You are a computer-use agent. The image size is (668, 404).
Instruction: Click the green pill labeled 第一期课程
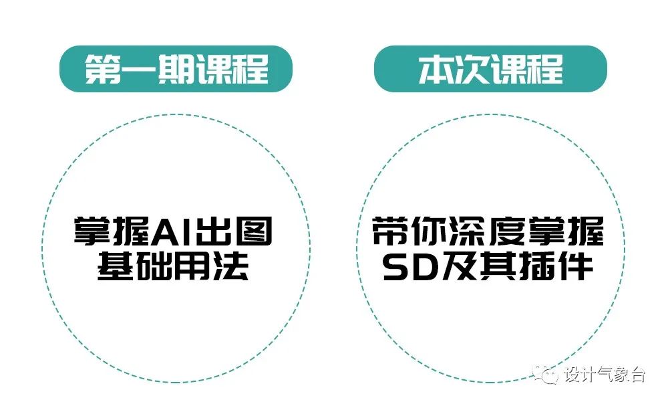coord(176,68)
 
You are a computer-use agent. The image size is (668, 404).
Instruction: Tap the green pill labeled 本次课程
coord(490,68)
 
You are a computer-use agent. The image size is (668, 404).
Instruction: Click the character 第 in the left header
coord(102,69)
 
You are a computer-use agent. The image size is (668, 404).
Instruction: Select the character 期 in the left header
coord(176,69)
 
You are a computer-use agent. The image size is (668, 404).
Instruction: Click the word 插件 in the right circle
coord(554,267)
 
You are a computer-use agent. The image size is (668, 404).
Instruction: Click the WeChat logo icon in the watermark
coord(548,375)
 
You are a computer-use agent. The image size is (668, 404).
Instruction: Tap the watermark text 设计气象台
coord(605,375)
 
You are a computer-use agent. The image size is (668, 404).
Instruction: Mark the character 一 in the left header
coord(139,69)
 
